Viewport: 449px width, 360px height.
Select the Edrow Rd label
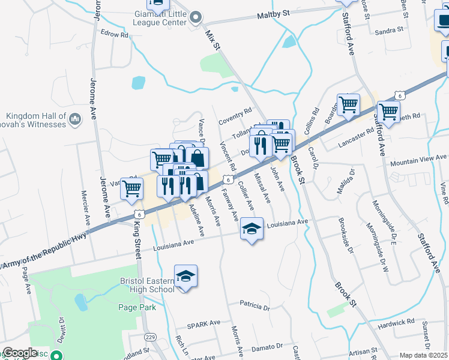115,35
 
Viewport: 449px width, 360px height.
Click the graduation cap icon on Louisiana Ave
252,228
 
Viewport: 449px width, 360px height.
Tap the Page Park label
137,308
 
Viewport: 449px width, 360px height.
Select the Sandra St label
388,31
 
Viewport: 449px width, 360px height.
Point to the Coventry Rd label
235,113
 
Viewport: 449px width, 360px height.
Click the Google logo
20,353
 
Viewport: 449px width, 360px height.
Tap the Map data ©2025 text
424,355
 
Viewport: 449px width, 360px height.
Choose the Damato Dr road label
267,347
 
